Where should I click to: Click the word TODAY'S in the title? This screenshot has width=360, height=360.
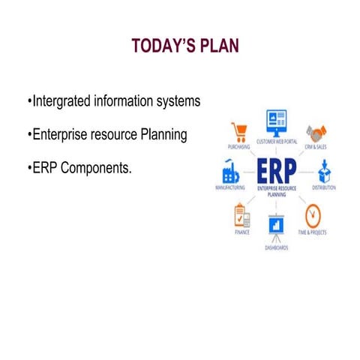coord(159,46)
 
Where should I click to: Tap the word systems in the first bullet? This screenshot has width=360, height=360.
coord(177,100)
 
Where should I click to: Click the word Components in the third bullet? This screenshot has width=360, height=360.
coord(95,168)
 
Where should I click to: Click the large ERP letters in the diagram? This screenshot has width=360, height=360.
coord(276,170)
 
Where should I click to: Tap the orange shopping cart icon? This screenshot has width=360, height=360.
coord(240,132)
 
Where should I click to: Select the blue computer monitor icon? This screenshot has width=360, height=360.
coord(276,120)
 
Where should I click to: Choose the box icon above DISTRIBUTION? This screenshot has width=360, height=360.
coord(324,171)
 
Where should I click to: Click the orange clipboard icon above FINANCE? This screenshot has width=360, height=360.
coord(241,216)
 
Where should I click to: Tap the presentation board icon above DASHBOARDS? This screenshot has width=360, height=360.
coord(276,226)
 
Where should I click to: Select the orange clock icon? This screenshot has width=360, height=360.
coord(313,216)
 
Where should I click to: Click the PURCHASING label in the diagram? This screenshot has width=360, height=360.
coord(238,148)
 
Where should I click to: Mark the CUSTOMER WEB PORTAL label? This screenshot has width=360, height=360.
coord(276,140)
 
